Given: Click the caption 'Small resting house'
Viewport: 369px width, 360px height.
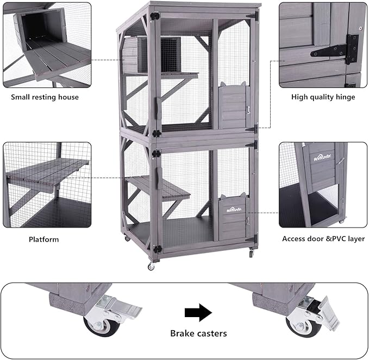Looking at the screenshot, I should [45, 97].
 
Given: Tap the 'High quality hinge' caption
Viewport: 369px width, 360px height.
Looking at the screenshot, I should [323, 97].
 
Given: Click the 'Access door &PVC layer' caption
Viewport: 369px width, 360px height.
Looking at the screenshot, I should [323, 238].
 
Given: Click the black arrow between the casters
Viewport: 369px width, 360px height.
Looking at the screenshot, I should [198, 313].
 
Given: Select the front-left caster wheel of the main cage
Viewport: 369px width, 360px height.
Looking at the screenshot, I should [151, 267].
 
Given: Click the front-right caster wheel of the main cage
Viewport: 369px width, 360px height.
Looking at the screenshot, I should [251, 254].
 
